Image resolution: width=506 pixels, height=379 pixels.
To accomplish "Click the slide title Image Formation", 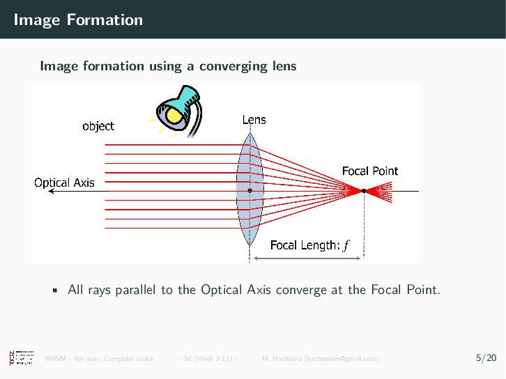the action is tap(77, 20).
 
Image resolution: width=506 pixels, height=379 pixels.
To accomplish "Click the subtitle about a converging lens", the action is tap(168, 66).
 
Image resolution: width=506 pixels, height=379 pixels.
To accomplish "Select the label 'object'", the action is tap(98, 126).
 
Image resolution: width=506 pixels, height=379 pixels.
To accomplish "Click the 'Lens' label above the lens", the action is tap(254, 120).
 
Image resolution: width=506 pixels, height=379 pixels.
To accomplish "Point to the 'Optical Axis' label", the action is tap(65, 183).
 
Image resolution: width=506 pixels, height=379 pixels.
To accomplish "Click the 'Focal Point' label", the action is tap(369, 171).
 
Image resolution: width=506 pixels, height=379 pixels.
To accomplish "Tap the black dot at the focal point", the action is tap(364, 190).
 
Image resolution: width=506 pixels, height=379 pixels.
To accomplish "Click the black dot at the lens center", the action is tap(250, 190).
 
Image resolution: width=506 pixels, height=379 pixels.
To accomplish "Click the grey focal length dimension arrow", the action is tap(307, 258).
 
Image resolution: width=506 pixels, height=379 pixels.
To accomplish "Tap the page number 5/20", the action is tap(486, 358).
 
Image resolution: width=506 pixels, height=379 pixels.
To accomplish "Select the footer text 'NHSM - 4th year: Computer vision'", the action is tap(100, 359).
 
